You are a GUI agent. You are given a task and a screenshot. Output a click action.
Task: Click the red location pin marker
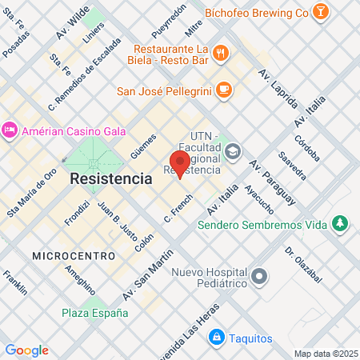180,164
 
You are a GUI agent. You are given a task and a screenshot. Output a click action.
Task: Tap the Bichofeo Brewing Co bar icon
320,12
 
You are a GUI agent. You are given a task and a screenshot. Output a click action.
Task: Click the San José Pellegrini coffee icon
224,90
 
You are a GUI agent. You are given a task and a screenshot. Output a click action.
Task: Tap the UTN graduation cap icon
233,150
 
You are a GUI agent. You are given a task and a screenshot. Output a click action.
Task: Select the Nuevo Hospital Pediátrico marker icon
259,278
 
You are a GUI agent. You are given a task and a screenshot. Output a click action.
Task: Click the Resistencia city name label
111,178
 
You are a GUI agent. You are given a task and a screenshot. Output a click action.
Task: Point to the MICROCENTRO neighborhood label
65,254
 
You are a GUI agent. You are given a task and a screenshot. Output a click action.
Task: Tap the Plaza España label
94,313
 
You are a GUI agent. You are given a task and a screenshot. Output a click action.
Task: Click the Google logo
26,350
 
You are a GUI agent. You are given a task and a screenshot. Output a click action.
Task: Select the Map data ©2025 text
324,354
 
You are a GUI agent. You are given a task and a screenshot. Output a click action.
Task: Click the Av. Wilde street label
74,25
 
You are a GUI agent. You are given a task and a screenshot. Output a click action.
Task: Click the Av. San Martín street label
148,274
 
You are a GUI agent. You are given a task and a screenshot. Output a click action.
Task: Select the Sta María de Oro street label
32,190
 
